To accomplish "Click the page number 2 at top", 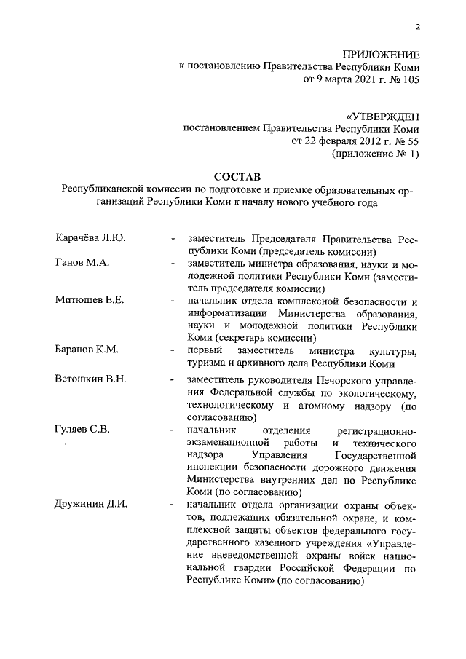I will tap(419, 28).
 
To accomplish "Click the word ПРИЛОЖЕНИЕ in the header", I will tap(381, 55).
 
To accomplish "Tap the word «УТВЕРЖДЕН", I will tap(383, 116).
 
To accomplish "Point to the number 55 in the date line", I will tap(413, 141).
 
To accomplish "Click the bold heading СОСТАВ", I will tap(233, 177).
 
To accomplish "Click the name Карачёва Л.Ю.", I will tap(87, 239).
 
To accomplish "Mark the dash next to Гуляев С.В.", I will tap(172, 430).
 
